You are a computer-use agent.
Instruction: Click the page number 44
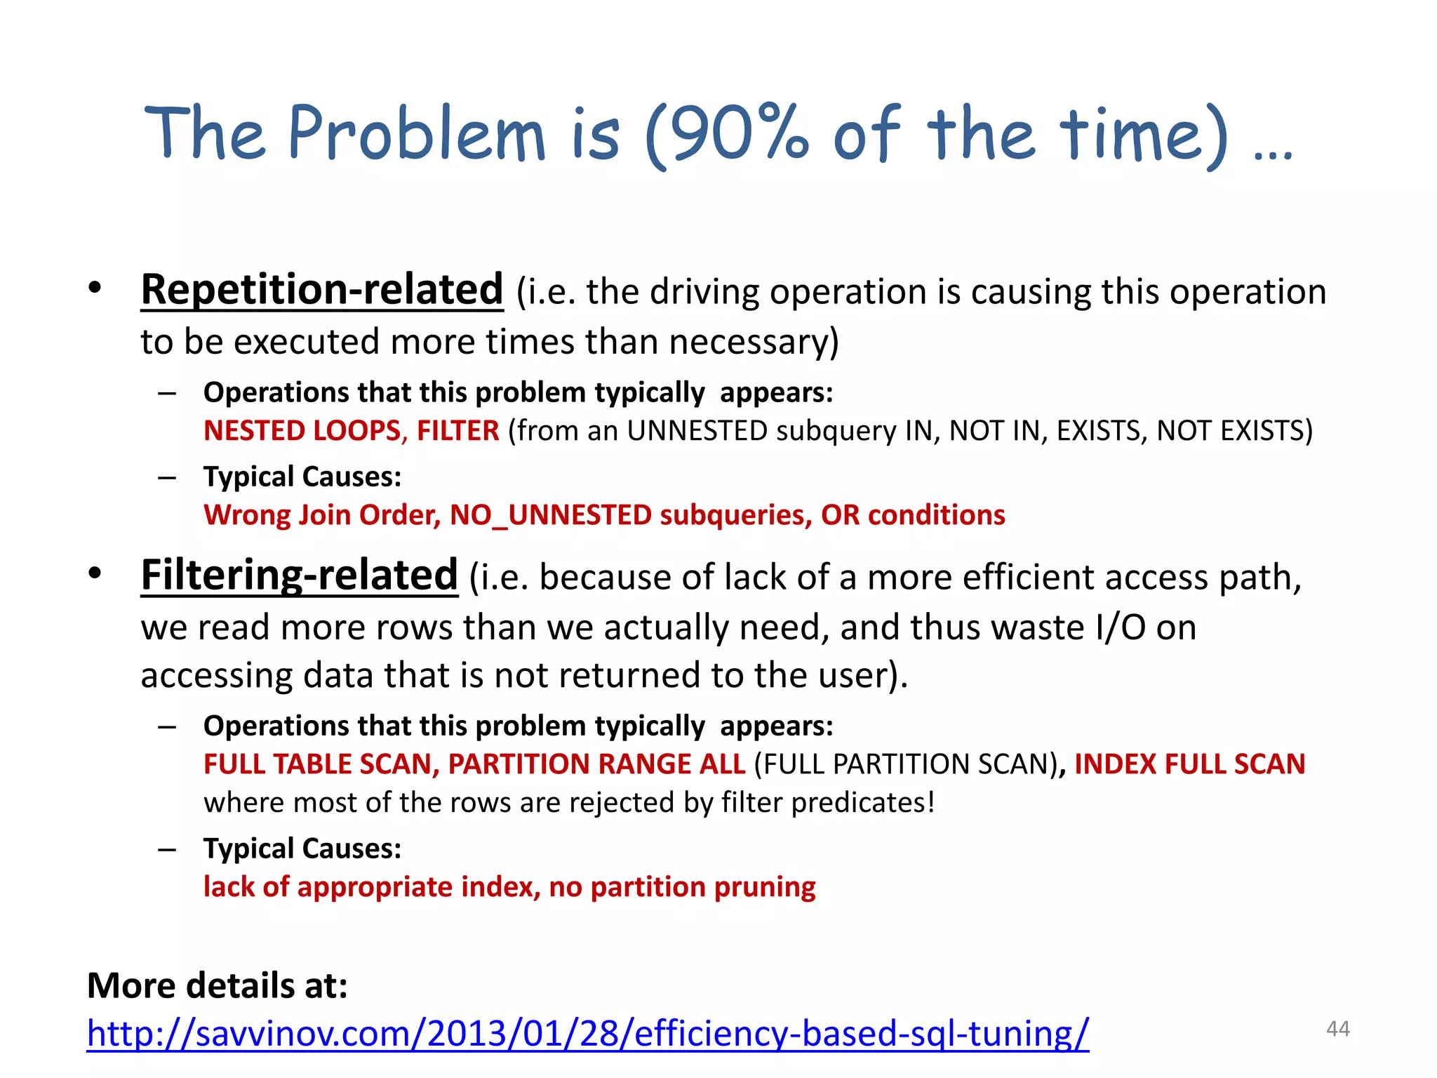tap(1337, 1029)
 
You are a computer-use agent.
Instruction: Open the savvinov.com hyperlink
tap(587, 1034)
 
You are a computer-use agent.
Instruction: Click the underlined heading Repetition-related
tap(322, 289)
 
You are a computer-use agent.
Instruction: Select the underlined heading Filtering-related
tap(299, 575)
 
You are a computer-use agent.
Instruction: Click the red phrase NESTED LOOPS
tap(302, 430)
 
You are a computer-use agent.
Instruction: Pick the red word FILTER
tap(457, 430)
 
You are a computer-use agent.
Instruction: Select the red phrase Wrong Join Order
tap(321, 515)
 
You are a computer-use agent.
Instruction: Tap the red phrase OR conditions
tap(913, 515)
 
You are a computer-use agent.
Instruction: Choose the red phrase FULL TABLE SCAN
tap(321, 764)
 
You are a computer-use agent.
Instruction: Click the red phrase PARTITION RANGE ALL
tap(596, 764)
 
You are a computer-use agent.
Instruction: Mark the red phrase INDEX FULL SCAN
tap(1189, 764)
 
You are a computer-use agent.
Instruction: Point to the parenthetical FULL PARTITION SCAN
tap(905, 764)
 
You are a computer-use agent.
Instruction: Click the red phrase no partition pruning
tap(682, 887)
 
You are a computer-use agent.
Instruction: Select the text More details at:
tap(218, 985)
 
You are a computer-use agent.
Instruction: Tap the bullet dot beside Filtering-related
tap(95, 573)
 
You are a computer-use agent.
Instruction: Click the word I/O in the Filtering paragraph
tap(1121, 627)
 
